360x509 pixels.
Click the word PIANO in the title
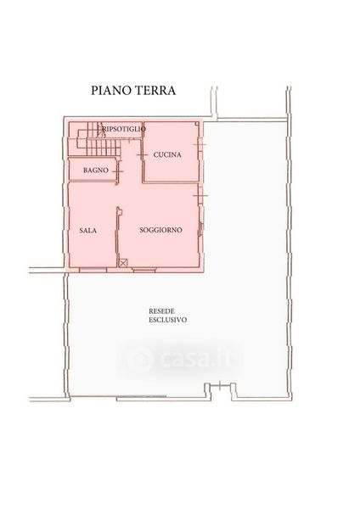coord(110,90)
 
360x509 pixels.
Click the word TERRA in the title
coord(155,90)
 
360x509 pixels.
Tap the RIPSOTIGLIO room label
coord(124,129)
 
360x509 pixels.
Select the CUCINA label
coord(167,155)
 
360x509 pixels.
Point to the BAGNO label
coord(96,171)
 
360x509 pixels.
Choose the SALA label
coord(88,231)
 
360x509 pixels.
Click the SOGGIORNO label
coord(160,230)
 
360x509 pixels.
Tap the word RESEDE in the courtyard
coord(161,311)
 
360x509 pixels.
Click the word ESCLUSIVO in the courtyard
coord(167,320)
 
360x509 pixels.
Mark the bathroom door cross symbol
coord(118,171)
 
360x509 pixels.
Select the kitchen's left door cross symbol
coord(142,155)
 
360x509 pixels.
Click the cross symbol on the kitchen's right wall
coord(200,144)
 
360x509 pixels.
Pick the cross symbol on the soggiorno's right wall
coord(200,195)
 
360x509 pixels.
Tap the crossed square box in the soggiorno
coord(123,263)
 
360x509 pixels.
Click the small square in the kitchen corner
coord(197,124)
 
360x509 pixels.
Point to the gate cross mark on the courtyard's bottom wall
coord(220,386)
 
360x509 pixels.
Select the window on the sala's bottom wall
coord(93,270)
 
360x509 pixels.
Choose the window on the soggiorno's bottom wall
coord(145,270)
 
